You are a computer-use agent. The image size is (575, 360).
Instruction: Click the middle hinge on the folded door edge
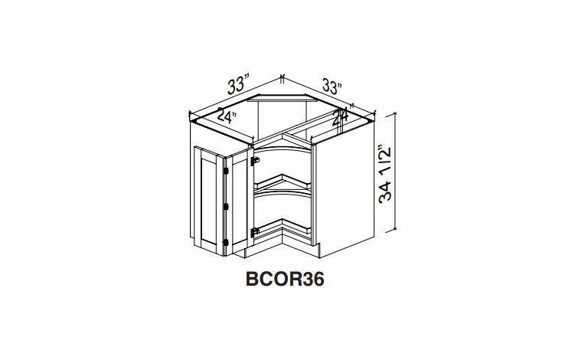click(227, 205)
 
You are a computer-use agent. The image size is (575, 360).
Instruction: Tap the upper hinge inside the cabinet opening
click(256, 161)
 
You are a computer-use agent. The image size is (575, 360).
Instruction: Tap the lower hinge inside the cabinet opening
click(256, 230)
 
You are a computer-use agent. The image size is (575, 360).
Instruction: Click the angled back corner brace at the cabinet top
click(295, 99)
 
